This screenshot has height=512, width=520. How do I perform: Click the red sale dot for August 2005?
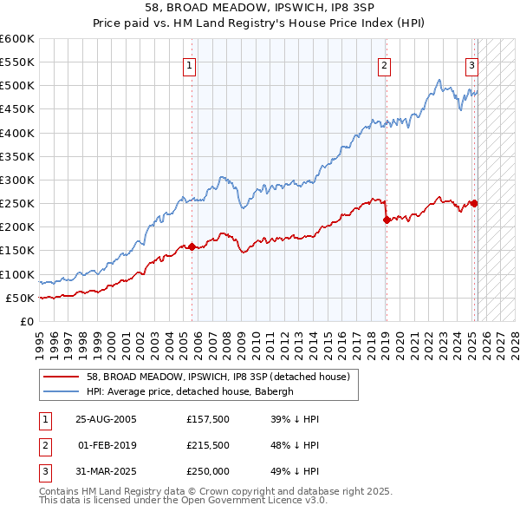[192, 247]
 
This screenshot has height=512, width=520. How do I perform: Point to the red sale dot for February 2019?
[386, 220]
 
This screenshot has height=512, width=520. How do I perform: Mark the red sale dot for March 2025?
[474, 203]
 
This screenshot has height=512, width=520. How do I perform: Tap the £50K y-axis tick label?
[20, 298]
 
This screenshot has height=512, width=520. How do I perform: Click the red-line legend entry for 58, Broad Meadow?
[218, 377]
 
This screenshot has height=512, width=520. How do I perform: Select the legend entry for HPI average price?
[190, 391]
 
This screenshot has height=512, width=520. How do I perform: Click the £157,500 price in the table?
[206, 419]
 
